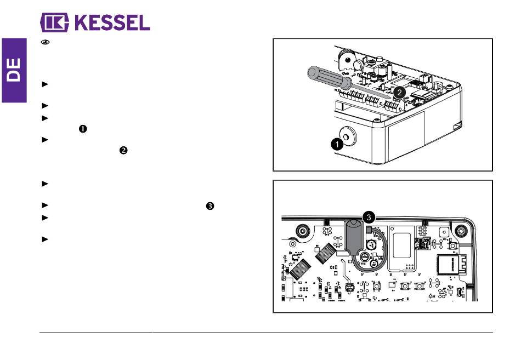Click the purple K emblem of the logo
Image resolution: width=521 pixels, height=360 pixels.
tap(54, 22)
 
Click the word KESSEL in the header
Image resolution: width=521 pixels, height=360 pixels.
tap(112, 22)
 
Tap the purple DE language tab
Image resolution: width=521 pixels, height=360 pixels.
tap(14, 70)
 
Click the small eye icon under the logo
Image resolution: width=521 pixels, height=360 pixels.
tap(45, 42)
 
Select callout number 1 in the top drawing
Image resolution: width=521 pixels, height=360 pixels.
tap(337, 144)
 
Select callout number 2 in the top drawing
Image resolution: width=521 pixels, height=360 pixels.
tap(399, 92)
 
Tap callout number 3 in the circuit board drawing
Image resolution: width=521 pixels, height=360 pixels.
tap(369, 218)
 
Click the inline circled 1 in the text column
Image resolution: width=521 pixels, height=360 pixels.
tap(83, 129)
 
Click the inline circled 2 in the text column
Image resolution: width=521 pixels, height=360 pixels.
tap(123, 151)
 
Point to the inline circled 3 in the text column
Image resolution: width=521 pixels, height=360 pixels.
tap(210, 206)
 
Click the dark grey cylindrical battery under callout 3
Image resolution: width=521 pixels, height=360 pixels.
tap(354, 237)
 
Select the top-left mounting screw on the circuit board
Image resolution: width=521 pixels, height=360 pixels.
tap(302, 231)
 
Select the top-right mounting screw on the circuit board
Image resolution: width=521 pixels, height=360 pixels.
tap(461, 230)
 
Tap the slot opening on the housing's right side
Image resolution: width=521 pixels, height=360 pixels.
tap(457, 126)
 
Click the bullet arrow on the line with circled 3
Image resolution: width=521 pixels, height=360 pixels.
tap(45, 205)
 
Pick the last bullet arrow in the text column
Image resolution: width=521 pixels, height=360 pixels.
tap(45, 239)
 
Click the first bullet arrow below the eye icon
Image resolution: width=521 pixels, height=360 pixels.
tap(45, 84)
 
